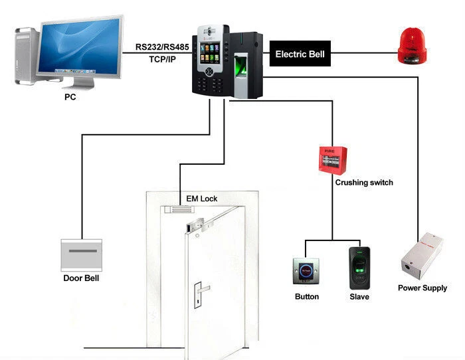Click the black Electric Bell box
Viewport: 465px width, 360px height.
(300, 54)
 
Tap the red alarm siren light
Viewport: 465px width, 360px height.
(410, 47)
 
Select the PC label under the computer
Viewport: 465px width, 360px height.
(70, 97)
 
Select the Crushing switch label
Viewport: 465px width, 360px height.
(363, 183)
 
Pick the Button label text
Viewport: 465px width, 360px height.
(306, 297)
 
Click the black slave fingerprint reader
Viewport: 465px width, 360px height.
(359, 267)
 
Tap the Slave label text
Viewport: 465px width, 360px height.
(359, 297)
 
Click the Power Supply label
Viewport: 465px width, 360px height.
(422, 288)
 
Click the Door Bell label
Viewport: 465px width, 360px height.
(81, 278)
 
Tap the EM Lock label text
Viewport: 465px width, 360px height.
(201, 199)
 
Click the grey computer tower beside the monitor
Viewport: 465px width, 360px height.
(25, 56)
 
